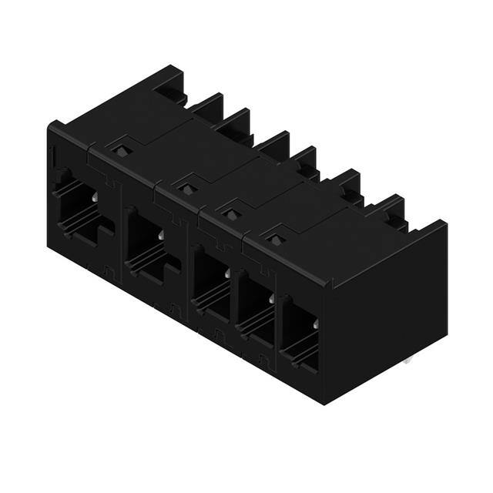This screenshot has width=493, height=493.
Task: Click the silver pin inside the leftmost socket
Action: (94, 198)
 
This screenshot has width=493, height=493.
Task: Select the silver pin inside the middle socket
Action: (226, 273)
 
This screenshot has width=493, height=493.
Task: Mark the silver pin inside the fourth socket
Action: (270, 297)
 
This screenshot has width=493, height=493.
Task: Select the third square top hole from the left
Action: (230, 213)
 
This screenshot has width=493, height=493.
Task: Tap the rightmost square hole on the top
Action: (276, 240)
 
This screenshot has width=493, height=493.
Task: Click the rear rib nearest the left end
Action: (174, 86)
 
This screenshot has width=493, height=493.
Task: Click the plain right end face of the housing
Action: (389, 308)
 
